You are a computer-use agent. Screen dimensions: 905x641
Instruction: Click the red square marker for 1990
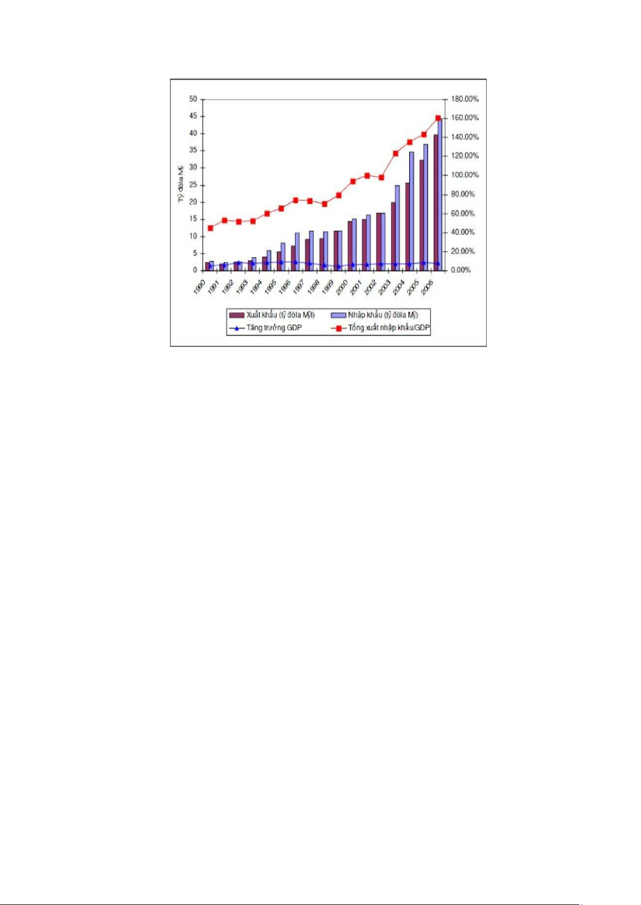pyautogui.click(x=210, y=228)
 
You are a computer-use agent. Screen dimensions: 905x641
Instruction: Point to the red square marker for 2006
pyautogui.click(x=438, y=118)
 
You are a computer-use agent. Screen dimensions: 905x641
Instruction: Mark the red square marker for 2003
pyautogui.click(x=396, y=154)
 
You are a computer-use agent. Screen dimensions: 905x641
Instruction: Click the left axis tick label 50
pyautogui.click(x=193, y=99)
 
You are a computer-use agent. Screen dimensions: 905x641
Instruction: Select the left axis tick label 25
pyautogui.click(x=193, y=185)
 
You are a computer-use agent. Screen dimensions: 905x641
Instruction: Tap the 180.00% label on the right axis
pyautogui.click(x=465, y=99)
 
